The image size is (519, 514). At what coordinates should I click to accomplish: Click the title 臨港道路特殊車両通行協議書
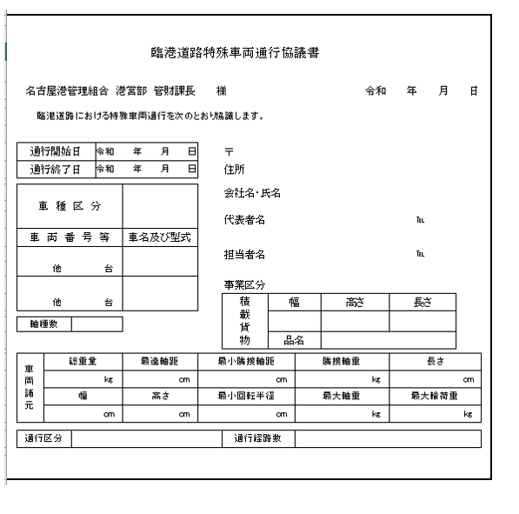click(235, 53)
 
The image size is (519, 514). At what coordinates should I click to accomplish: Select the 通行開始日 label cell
click(56, 151)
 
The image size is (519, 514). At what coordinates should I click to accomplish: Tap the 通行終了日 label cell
click(56, 168)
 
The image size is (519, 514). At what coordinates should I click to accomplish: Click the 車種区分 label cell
click(70, 206)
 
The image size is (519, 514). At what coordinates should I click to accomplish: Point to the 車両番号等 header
click(70, 237)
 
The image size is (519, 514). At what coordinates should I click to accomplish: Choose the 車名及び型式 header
click(160, 237)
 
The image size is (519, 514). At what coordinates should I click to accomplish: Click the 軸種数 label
click(43, 324)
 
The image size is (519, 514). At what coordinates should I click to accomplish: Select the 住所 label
click(232, 170)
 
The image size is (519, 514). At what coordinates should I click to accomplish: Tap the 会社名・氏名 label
click(252, 192)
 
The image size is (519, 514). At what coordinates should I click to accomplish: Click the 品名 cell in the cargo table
click(293, 340)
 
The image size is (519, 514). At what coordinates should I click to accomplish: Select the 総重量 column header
click(83, 361)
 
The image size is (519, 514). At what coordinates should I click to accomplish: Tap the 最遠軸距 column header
click(160, 361)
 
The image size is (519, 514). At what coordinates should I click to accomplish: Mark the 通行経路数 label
click(258, 438)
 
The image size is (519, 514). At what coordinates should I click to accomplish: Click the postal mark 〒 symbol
click(229, 151)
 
